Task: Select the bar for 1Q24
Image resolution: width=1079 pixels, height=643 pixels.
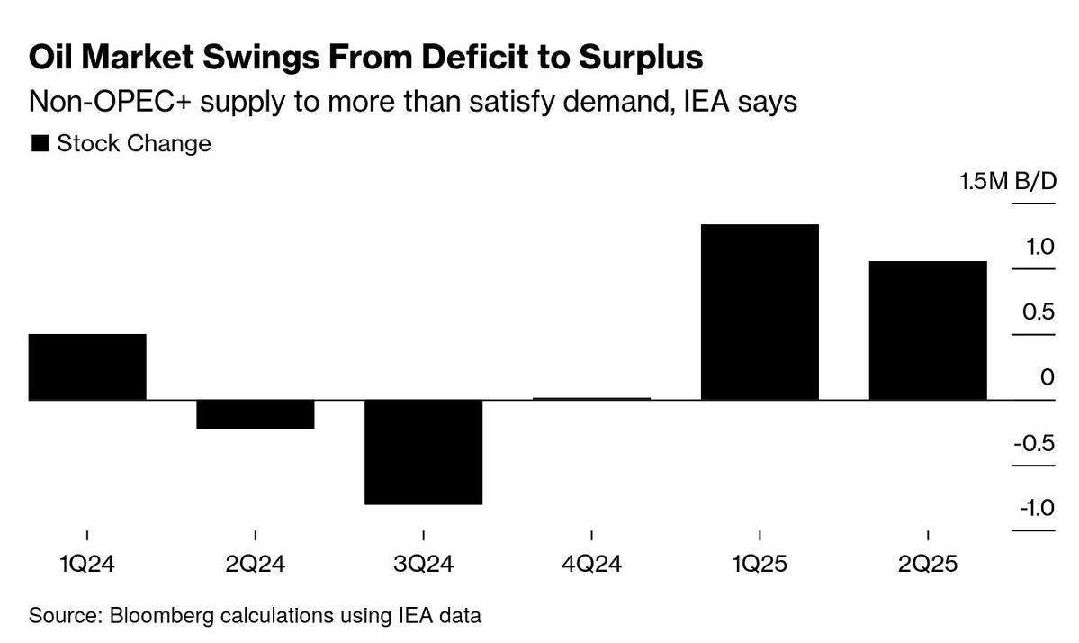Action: coord(87,367)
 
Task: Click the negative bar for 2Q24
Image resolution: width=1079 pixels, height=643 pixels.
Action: coord(256,414)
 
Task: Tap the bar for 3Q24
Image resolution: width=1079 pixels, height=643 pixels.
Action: coord(423,452)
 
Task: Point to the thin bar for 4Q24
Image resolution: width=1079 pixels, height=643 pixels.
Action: coord(591,398)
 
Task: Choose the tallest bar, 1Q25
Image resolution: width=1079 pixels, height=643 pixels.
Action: coord(760,312)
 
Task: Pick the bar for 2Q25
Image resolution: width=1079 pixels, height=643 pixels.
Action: coord(927,331)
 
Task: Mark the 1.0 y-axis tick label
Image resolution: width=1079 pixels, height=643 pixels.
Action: coord(1039,247)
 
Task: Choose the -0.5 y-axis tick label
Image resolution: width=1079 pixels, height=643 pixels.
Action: coord(1035,443)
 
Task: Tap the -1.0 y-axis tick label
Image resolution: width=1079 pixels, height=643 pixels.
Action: coord(1035,508)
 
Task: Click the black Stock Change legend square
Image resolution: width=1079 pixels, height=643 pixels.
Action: coord(40,143)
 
